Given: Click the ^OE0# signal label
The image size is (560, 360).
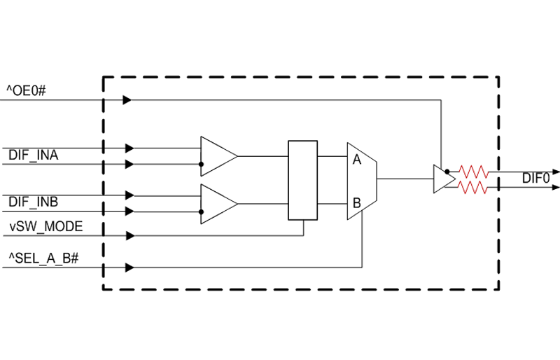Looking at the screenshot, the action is [x=27, y=91].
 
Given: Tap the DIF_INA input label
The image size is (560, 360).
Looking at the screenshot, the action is [x=33, y=155].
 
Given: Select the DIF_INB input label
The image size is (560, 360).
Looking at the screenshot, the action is [x=33, y=202].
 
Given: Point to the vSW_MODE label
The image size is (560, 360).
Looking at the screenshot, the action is [x=46, y=226].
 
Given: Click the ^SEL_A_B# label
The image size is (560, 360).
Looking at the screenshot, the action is [x=43, y=258].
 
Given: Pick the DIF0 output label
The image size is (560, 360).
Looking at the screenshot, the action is [x=535, y=178].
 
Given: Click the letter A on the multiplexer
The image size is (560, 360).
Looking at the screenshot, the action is [x=357, y=160].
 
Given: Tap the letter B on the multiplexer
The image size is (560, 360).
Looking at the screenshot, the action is [x=357, y=203].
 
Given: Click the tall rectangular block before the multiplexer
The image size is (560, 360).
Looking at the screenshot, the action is [x=303, y=180].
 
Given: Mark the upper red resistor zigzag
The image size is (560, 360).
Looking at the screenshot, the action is [x=474, y=172].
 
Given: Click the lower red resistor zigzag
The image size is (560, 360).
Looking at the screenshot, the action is [x=473, y=187].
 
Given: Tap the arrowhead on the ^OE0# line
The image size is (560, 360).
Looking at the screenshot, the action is [x=127, y=99].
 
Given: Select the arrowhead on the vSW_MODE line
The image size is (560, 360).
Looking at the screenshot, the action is [x=130, y=235].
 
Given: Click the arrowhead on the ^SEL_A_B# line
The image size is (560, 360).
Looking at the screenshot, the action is [x=130, y=268].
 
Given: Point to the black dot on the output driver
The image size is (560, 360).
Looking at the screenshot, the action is [x=447, y=172].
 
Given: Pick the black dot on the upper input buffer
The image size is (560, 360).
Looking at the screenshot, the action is [x=201, y=164].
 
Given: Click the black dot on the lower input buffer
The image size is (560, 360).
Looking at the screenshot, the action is [x=201, y=212].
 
